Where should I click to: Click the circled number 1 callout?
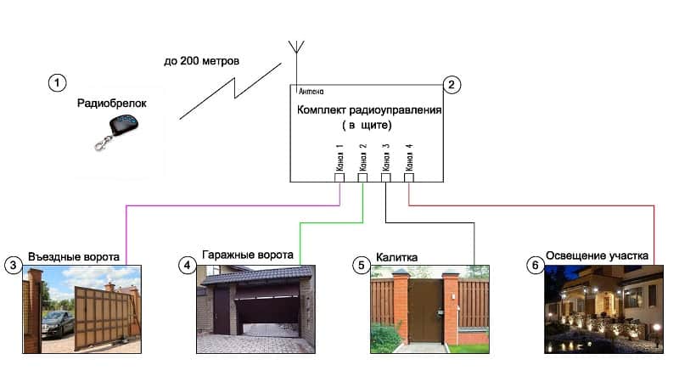point(56,82)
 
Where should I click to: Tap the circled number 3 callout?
point(12,265)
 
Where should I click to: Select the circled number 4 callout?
point(187,265)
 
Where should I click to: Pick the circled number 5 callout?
point(361,265)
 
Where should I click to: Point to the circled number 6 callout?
point(534,265)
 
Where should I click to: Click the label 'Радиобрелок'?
point(111,103)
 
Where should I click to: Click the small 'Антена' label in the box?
point(311,91)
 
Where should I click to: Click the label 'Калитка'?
point(397,256)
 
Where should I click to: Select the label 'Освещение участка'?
point(598,255)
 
